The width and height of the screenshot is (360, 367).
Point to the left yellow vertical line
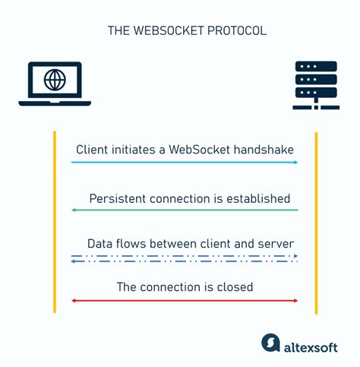(54, 220)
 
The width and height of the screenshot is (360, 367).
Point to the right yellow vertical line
(315, 220)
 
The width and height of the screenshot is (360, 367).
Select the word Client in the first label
(91, 150)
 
